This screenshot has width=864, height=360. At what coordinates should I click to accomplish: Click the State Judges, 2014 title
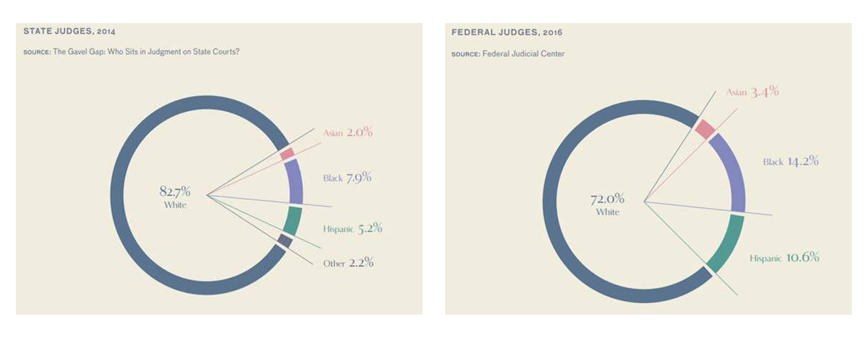pos(70,32)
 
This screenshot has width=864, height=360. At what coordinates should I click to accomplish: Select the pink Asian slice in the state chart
pos(287,153)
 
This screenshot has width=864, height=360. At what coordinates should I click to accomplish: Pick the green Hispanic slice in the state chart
pos(292,220)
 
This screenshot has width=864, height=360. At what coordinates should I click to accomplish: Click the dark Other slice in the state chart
pos(284,242)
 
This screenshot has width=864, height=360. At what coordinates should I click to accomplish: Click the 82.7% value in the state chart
pos(175,192)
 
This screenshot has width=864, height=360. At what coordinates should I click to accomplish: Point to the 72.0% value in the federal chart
pos(608,199)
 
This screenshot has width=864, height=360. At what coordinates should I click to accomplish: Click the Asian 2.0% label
pos(348,132)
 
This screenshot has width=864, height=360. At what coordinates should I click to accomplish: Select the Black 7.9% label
pos(347,177)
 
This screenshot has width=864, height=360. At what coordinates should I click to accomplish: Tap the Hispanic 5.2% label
pos(353,229)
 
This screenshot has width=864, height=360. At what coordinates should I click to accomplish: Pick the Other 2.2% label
pos(348,263)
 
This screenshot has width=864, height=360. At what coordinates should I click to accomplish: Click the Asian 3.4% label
pos(752,92)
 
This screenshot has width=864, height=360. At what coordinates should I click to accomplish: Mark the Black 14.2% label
pos(791,161)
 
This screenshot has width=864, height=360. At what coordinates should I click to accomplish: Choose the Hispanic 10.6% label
pos(784,258)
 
